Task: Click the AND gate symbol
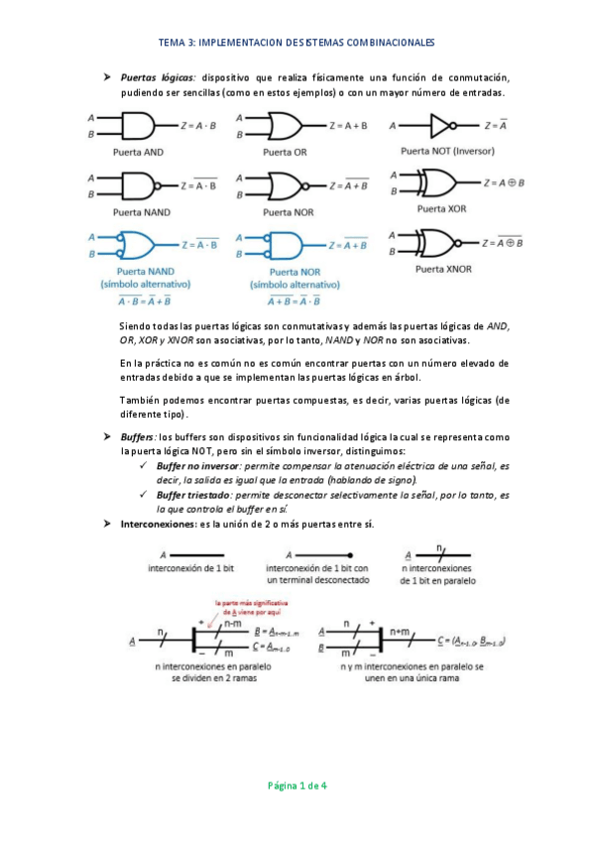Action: [138, 126]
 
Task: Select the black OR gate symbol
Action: [284, 126]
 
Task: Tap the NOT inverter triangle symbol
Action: [439, 126]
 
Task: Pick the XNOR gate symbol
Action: [439, 242]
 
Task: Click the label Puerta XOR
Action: [442, 209]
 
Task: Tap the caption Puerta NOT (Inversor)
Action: [440, 151]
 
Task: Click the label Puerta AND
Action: [138, 152]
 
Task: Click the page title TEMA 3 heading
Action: [297, 44]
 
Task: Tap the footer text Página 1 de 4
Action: [297, 785]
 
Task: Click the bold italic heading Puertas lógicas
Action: [158, 77]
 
